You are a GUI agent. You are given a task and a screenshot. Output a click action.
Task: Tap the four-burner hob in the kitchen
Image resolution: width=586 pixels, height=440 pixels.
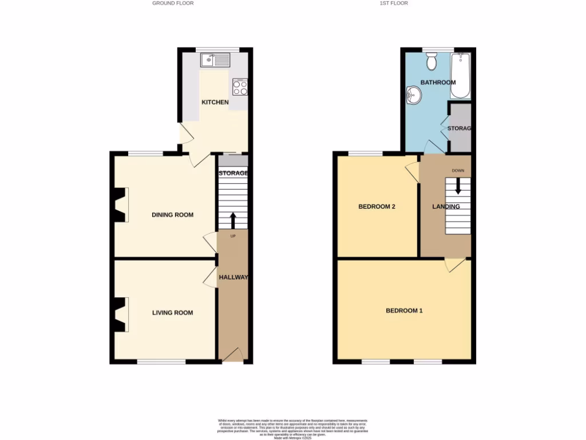pos(240,88)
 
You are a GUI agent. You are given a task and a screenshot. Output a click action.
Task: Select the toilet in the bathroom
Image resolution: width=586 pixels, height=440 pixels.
pos(432,59)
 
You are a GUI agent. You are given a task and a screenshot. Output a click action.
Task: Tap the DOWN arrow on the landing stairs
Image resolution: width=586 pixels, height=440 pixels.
pos(458,186)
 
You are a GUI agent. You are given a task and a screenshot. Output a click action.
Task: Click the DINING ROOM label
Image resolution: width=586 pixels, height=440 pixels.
pos(172,215)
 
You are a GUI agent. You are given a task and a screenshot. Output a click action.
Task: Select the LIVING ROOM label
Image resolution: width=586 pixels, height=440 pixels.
pos(172,313)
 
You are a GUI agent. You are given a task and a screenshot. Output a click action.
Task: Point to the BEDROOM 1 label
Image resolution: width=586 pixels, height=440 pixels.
pos(404,311)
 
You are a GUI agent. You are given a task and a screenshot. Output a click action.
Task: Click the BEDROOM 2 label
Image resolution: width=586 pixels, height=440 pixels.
pos(377,207)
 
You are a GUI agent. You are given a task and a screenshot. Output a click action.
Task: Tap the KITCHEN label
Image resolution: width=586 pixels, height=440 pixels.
pos(215,103)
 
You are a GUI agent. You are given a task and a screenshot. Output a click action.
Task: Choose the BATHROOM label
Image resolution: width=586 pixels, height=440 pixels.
pos(438,82)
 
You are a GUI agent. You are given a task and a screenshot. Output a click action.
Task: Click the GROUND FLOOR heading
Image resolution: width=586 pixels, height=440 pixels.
pos(173,3)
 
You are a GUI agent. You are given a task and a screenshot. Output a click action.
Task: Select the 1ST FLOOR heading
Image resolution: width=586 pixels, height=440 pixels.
pos(394,3)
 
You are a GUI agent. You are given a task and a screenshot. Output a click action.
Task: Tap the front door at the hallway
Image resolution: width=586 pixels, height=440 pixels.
pos(232,356)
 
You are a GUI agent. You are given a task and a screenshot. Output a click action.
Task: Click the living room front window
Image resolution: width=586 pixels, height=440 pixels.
pos(161,362)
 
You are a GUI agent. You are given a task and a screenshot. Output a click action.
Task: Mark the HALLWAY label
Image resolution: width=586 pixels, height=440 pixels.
pos(233,277)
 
